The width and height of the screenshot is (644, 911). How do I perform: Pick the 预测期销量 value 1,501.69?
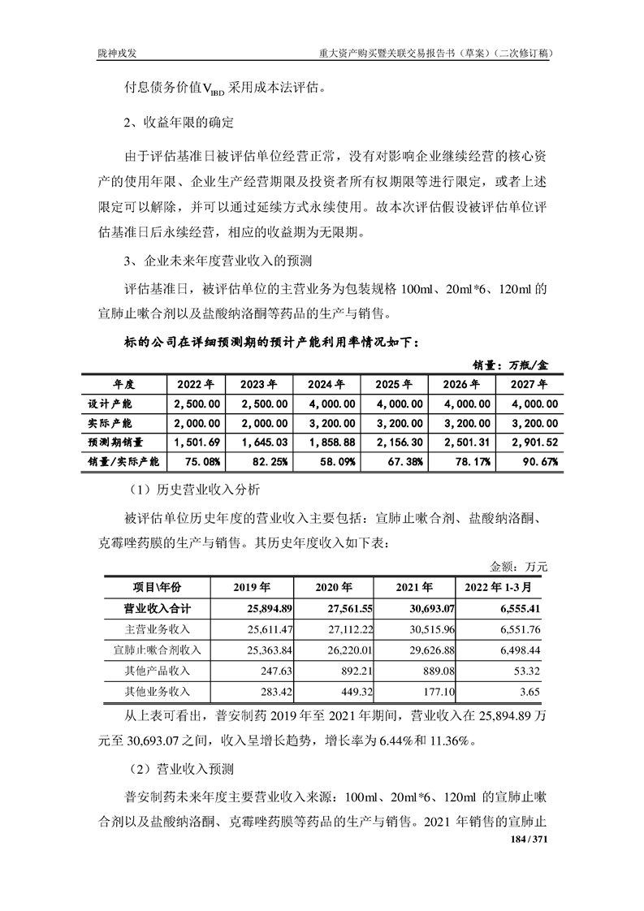pos(197,443)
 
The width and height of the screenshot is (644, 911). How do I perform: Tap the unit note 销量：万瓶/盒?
pos(511,365)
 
